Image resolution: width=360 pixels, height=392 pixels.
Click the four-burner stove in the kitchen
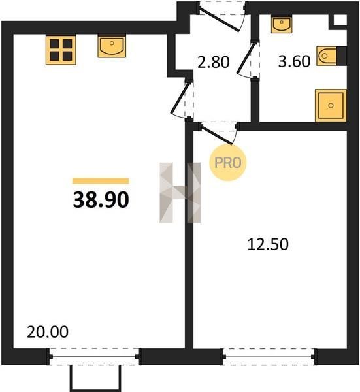click(61, 50)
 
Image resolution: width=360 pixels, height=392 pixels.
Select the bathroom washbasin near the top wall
click(282, 25)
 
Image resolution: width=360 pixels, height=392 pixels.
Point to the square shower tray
click(331, 105)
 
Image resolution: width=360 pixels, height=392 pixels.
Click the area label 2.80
click(213, 62)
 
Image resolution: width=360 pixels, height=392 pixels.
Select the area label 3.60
click(294, 61)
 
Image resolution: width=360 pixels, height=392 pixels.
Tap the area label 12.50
click(268, 244)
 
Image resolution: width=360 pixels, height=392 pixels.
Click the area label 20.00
click(48, 332)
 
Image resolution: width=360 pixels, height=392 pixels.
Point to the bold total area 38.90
click(101, 200)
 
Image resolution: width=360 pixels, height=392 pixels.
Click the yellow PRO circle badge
click(228, 163)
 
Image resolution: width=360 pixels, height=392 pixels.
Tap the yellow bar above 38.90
click(101, 181)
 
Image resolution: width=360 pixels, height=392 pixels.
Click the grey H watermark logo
click(180, 193)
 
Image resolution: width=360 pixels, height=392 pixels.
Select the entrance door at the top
click(221, 16)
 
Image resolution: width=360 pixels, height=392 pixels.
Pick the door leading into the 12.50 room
click(218, 133)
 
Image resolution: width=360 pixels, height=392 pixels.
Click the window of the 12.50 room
click(269, 357)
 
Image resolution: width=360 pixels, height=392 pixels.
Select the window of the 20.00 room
click(94, 357)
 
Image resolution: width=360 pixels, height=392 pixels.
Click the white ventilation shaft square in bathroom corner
click(340, 20)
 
